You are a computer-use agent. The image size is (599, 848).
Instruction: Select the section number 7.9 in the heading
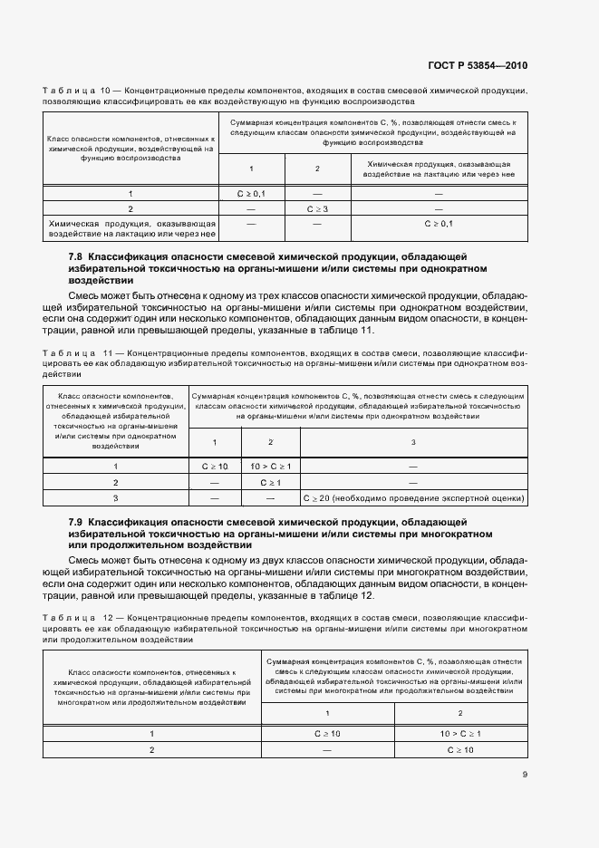pyautogui.click(x=77, y=524)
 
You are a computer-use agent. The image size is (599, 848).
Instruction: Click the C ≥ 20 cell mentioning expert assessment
pyautogui.click(x=413, y=498)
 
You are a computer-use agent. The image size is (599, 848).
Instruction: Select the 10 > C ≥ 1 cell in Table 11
pyautogui.click(x=270, y=466)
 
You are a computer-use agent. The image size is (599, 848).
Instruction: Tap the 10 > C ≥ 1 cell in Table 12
pyautogui.click(x=460, y=733)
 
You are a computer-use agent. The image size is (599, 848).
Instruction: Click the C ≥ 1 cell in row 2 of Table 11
pyautogui.click(x=270, y=482)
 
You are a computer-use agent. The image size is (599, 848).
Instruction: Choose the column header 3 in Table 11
pyautogui.click(x=413, y=442)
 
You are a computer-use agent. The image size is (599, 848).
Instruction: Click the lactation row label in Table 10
pyautogui.click(x=130, y=229)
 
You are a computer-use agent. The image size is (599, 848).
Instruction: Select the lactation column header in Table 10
pyautogui.click(x=439, y=169)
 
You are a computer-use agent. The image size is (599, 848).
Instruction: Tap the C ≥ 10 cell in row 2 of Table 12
pyautogui.click(x=460, y=750)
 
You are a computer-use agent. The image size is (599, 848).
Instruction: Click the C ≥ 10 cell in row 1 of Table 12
pyautogui.click(x=327, y=733)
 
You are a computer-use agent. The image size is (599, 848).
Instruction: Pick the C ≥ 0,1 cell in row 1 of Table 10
pyautogui.click(x=251, y=193)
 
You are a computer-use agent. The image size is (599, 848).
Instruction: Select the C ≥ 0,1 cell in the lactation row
pyautogui.click(x=439, y=223)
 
